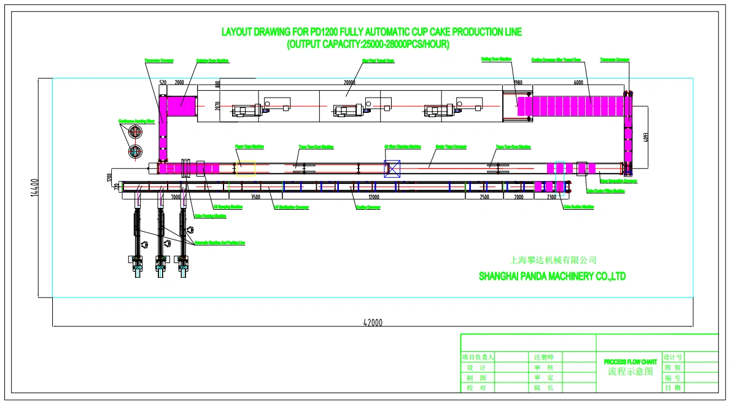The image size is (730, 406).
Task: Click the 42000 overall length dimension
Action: pyautogui.click(x=372, y=323)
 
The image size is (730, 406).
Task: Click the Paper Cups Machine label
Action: pyautogui.click(x=250, y=147)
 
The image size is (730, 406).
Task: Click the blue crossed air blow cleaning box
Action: pyautogui.click(x=392, y=168)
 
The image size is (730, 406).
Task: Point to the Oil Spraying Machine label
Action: pyautogui.click(x=229, y=207)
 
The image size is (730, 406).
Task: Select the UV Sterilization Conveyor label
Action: pyautogui.click(x=291, y=207)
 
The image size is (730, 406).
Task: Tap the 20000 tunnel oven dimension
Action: pyautogui.click(x=349, y=82)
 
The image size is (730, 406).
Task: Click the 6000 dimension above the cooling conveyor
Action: pyautogui.click(x=578, y=82)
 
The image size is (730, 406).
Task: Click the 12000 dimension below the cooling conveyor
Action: pyautogui.click(x=373, y=197)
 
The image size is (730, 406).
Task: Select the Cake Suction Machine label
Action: pyautogui.click(x=578, y=207)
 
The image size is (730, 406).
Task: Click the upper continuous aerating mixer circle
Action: pyautogui.click(x=134, y=131)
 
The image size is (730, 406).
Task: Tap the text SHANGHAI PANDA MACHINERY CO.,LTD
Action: pyautogui.click(x=552, y=277)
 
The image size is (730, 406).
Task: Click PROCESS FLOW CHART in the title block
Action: pyautogui.click(x=630, y=362)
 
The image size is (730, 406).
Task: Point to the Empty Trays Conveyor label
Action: pyautogui.click(x=451, y=147)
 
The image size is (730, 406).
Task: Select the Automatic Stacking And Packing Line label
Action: pyautogui.click(x=219, y=243)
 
